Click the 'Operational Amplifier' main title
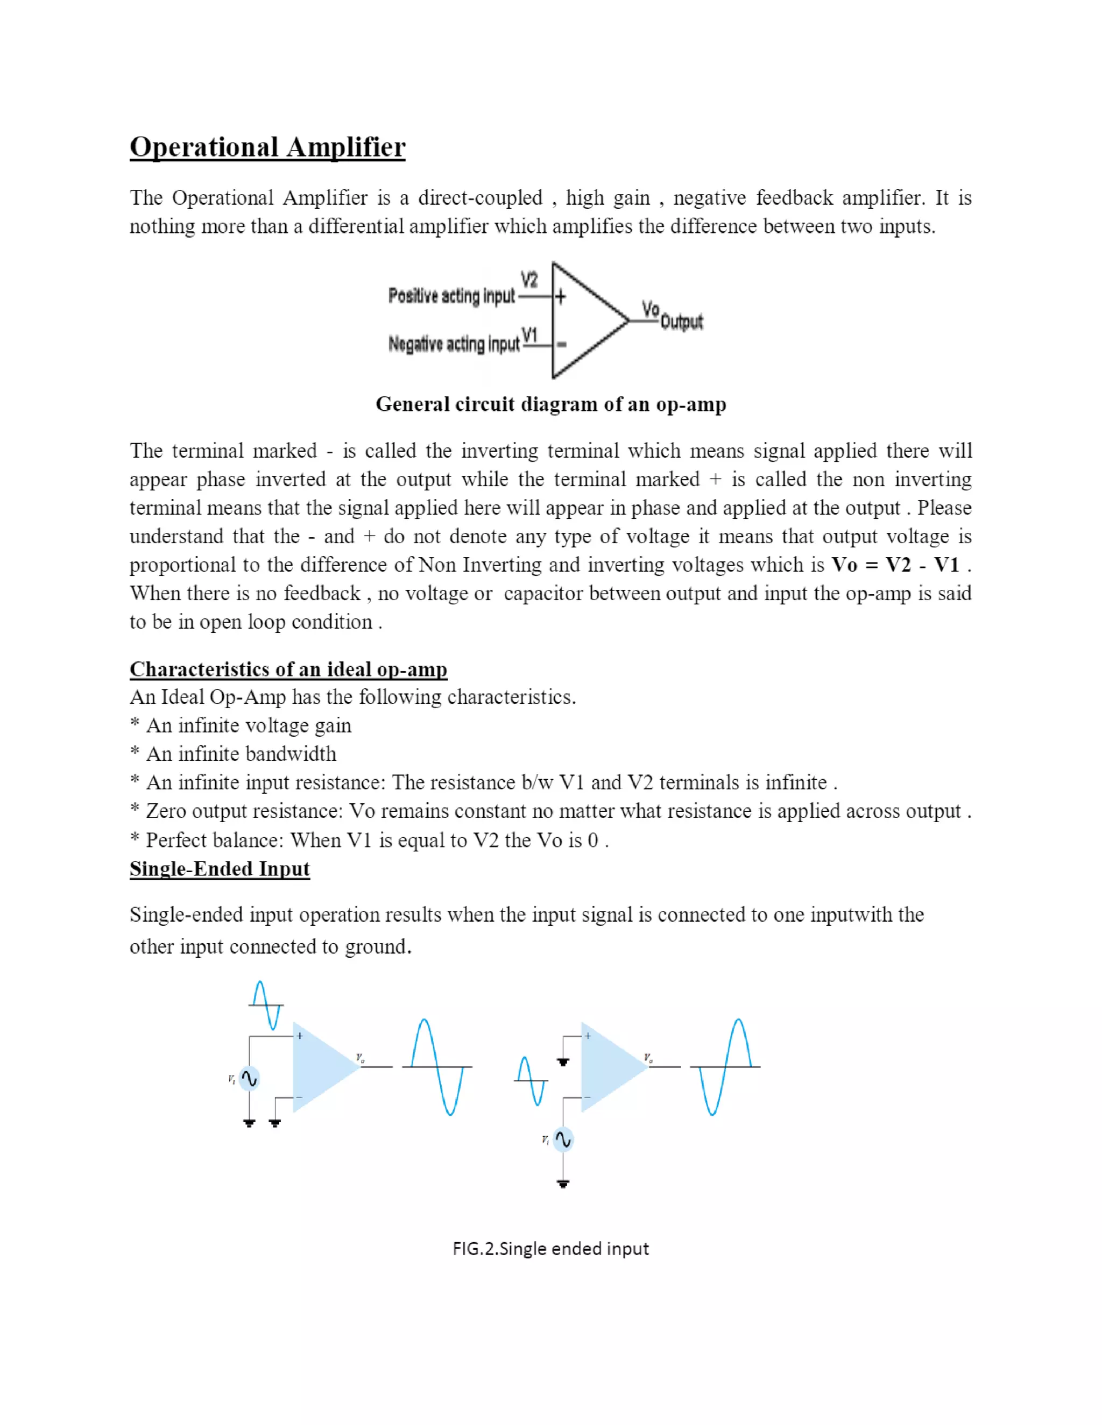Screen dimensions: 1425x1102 click(267, 147)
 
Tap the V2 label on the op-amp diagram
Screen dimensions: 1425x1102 click(529, 280)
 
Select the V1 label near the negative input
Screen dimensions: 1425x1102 click(529, 336)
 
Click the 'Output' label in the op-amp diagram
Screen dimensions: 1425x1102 click(682, 322)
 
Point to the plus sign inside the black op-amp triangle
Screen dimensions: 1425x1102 click(560, 297)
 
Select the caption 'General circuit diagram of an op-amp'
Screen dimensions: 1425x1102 click(550, 404)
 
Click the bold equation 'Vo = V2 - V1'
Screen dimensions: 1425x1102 click(895, 565)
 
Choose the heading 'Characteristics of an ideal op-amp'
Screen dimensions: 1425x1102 click(288, 669)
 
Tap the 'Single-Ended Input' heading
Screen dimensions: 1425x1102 click(220, 868)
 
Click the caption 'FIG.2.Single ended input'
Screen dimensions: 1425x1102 click(550, 1248)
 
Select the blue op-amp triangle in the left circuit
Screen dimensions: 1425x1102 click(320, 1067)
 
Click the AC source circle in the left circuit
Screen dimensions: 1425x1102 click(249, 1079)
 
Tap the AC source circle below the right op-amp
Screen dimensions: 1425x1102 click(563, 1139)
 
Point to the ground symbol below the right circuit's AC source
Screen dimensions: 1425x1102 click(563, 1183)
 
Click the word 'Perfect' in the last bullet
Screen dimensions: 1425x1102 click(172, 840)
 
